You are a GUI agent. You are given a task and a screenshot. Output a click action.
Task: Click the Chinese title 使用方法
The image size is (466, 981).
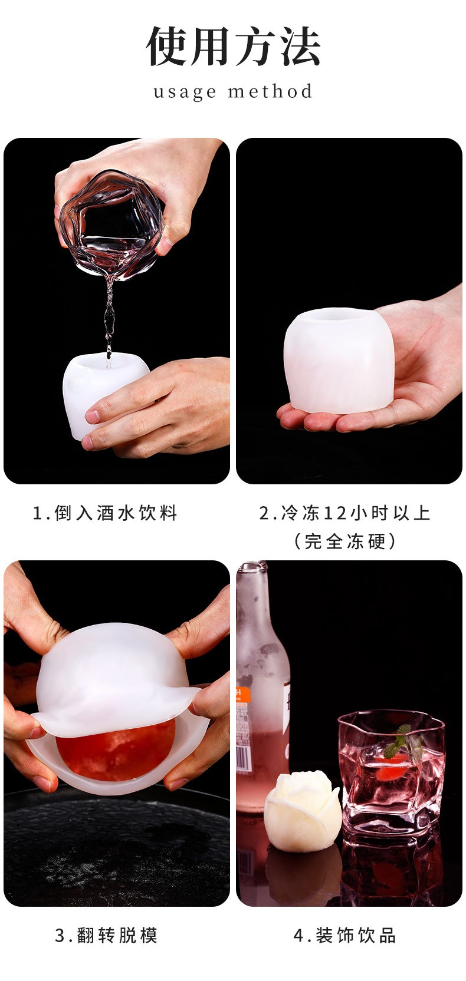click(233, 47)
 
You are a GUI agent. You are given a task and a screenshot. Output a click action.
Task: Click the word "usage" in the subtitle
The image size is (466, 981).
click(185, 93)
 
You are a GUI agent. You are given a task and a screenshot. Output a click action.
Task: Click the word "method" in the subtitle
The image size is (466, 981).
click(270, 91)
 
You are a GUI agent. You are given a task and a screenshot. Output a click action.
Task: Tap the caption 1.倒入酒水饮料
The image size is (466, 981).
click(105, 513)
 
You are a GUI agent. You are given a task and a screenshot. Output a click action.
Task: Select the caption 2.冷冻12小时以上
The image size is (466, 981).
click(344, 513)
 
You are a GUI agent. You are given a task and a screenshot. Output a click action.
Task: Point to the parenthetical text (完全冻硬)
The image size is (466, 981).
click(344, 541)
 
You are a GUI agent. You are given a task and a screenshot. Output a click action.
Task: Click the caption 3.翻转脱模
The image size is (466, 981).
click(106, 935)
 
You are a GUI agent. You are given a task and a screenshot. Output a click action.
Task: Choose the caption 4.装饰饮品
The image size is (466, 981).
click(344, 935)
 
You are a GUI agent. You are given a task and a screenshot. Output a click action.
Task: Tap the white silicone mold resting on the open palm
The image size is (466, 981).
click(339, 360)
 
